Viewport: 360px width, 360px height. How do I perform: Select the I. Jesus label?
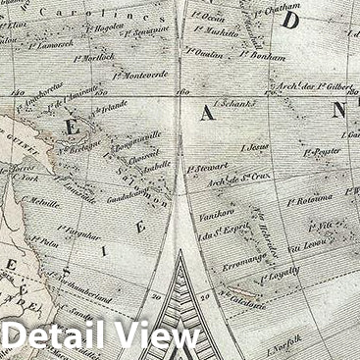click(x=253, y=146)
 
